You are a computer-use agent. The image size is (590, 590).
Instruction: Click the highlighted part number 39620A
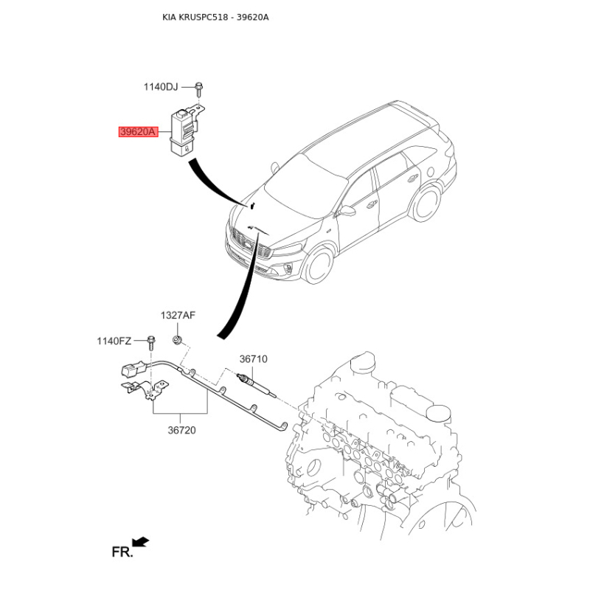pyautogui.click(x=138, y=132)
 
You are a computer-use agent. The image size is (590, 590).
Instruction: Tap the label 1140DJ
pyautogui.click(x=161, y=87)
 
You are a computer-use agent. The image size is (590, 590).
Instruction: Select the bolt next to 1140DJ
pyautogui.click(x=198, y=88)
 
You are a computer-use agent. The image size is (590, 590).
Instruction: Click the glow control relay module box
pyautogui.click(x=184, y=132)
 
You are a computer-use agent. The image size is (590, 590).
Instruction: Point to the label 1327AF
pyautogui.click(x=178, y=316)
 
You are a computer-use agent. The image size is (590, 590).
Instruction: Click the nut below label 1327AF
pyautogui.click(x=177, y=340)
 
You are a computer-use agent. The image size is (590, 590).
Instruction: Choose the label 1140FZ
pyautogui.click(x=114, y=341)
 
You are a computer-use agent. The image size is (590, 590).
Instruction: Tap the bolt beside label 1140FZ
pyautogui.click(x=151, y=341)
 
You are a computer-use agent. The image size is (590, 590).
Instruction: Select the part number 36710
pyautogui.click(x=253, y=359)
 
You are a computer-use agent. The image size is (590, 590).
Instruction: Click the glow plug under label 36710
pyautogui.click(x=257, y=384)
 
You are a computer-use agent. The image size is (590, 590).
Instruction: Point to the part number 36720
pyautogui.click(x=181, y=430)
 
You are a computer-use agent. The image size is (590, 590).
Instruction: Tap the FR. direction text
pyautogui.click(x=122, y=552)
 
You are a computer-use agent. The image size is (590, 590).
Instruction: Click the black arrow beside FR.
pyautogui.click(x=141, y=542)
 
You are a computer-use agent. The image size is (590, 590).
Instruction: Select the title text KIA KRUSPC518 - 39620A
pyautogui.click(x=215, y=17)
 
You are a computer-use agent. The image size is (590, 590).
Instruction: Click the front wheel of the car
pyautogui.click(x=319, y=265)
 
